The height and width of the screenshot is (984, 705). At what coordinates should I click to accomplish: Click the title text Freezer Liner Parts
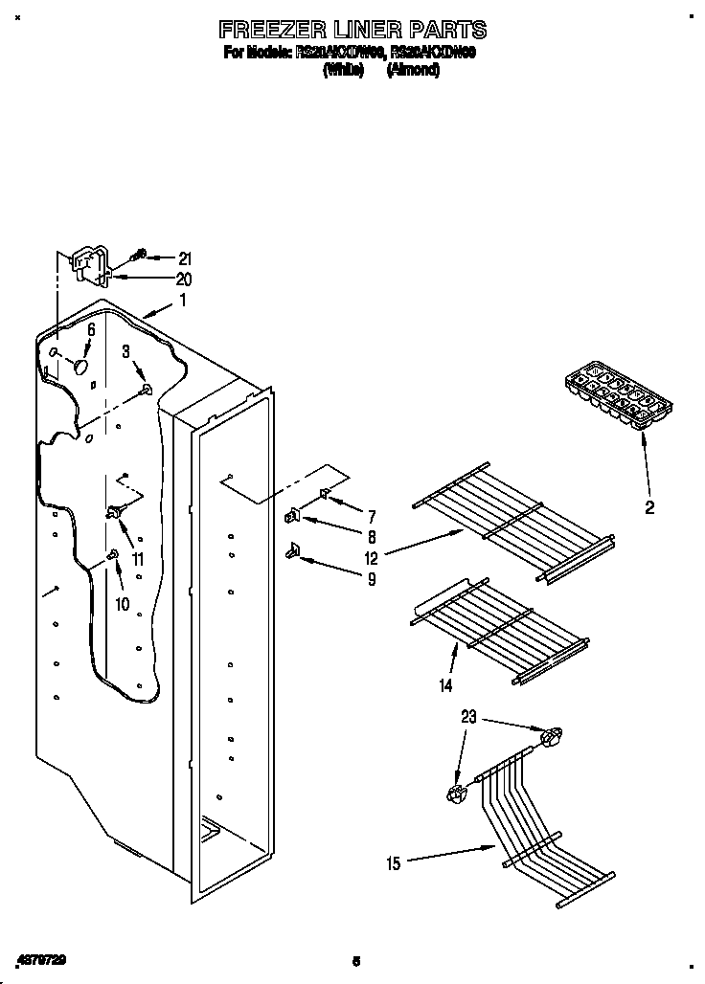point(352,31)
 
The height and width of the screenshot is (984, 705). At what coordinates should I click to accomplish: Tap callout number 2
point(649,508)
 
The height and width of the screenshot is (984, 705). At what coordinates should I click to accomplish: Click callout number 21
point(185,258)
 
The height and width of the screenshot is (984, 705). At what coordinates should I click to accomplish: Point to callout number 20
point(184,280)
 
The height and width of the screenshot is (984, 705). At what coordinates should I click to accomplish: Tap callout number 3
point(125,353)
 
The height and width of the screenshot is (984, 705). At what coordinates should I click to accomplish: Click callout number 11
point(138,560)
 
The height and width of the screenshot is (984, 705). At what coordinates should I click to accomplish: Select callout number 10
point(122,604)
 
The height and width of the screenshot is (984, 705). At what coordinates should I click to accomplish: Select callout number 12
point(371,558)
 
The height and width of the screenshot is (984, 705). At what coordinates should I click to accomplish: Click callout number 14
point(444,685)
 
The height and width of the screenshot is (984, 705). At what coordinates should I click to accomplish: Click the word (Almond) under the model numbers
point(413,72)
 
